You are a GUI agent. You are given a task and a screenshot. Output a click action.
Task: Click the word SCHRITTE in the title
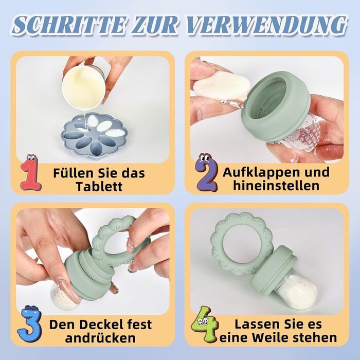click(x=69, y=25)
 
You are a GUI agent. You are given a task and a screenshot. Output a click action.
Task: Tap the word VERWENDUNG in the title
click(x=266, y=25)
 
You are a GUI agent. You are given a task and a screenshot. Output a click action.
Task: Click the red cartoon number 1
click(x=30, y=173)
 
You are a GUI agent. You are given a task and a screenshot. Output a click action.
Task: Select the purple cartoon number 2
click(x=207, y=173)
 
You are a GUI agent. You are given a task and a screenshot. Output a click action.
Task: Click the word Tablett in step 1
click(x=99, y=186)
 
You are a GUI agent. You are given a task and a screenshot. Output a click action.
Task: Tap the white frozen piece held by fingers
click(x=221, y=85)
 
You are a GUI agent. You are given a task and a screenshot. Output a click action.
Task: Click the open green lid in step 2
click(x=276, y=105)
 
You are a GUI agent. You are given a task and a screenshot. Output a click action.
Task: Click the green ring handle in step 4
click(x=242, y=243)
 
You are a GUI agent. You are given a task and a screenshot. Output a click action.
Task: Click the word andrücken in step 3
click(x=100, y=338)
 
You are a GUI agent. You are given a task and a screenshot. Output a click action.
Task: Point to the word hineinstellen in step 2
click(x=276, y=186)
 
